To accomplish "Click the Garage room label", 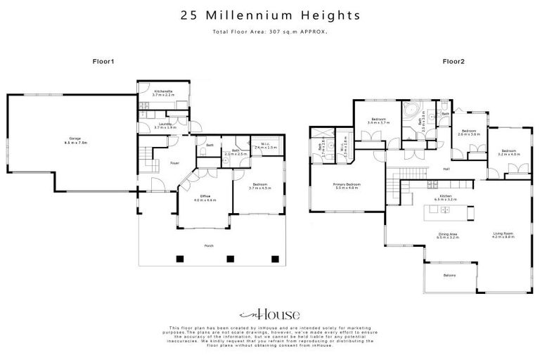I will point(70,140).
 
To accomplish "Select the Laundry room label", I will point(165,124).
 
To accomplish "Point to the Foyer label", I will point(174,162).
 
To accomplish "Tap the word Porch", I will point(209,245).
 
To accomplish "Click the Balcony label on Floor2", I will point(449,275).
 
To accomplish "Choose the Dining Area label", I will point(447,236).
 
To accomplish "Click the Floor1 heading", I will point(103,62).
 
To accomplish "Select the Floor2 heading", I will point(453,62).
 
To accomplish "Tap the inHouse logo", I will point(270,314).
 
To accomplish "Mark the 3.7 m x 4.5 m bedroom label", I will point(259,187).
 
